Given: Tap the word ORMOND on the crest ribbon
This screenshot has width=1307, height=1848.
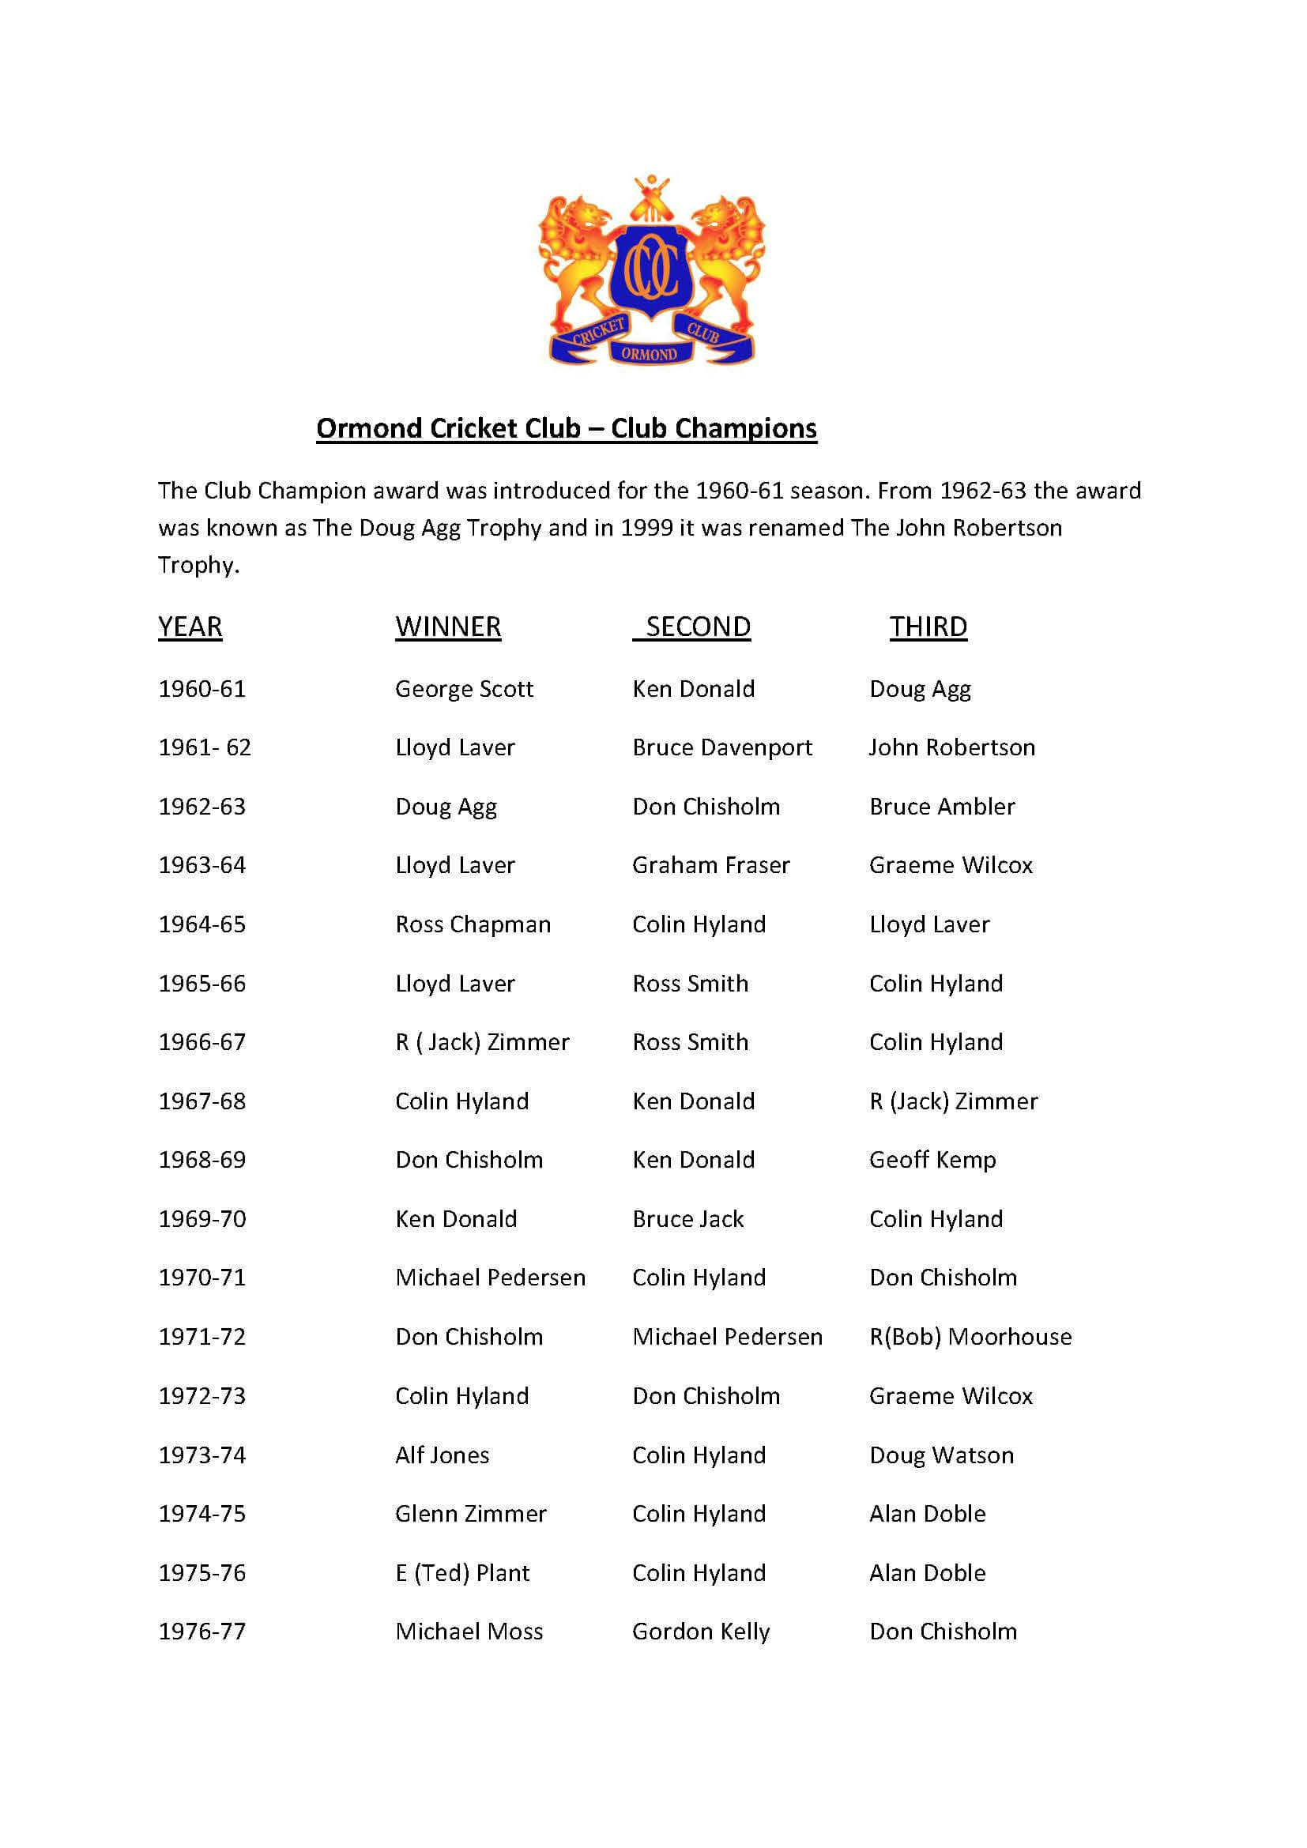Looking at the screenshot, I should [x=649, y=353].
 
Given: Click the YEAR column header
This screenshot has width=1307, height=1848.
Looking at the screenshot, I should [x=190, y=627].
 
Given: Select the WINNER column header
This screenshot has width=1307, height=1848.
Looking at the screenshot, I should [x=447, y=627].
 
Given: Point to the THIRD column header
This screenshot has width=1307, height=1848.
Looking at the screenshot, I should [x=928, y=627].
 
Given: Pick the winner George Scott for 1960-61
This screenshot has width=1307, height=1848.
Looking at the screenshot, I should [x=464, y=689].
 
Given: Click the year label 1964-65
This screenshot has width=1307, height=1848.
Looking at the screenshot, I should [x=202, y=924].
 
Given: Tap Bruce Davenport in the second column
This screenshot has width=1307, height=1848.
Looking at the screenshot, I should [x=722, y=747].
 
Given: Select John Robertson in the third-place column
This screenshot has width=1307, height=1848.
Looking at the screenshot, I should [x=951, y=747].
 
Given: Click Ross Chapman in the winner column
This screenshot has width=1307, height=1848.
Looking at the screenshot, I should [x=473, y=924].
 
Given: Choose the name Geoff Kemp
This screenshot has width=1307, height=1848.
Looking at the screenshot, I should [x=932, y=1160].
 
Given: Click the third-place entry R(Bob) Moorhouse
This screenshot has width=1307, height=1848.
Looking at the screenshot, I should [x=970, y=1337].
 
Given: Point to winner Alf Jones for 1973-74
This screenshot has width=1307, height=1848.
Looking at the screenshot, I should [x=442, y=1455].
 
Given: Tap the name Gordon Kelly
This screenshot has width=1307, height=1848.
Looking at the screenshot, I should [x=700, y=1632].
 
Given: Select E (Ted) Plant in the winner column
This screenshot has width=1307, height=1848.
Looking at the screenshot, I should [x=462, y=1573].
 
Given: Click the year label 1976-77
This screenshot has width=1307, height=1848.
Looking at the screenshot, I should [x=202, y=1632].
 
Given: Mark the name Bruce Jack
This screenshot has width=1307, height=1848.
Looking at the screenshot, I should [x=687, y=1219].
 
